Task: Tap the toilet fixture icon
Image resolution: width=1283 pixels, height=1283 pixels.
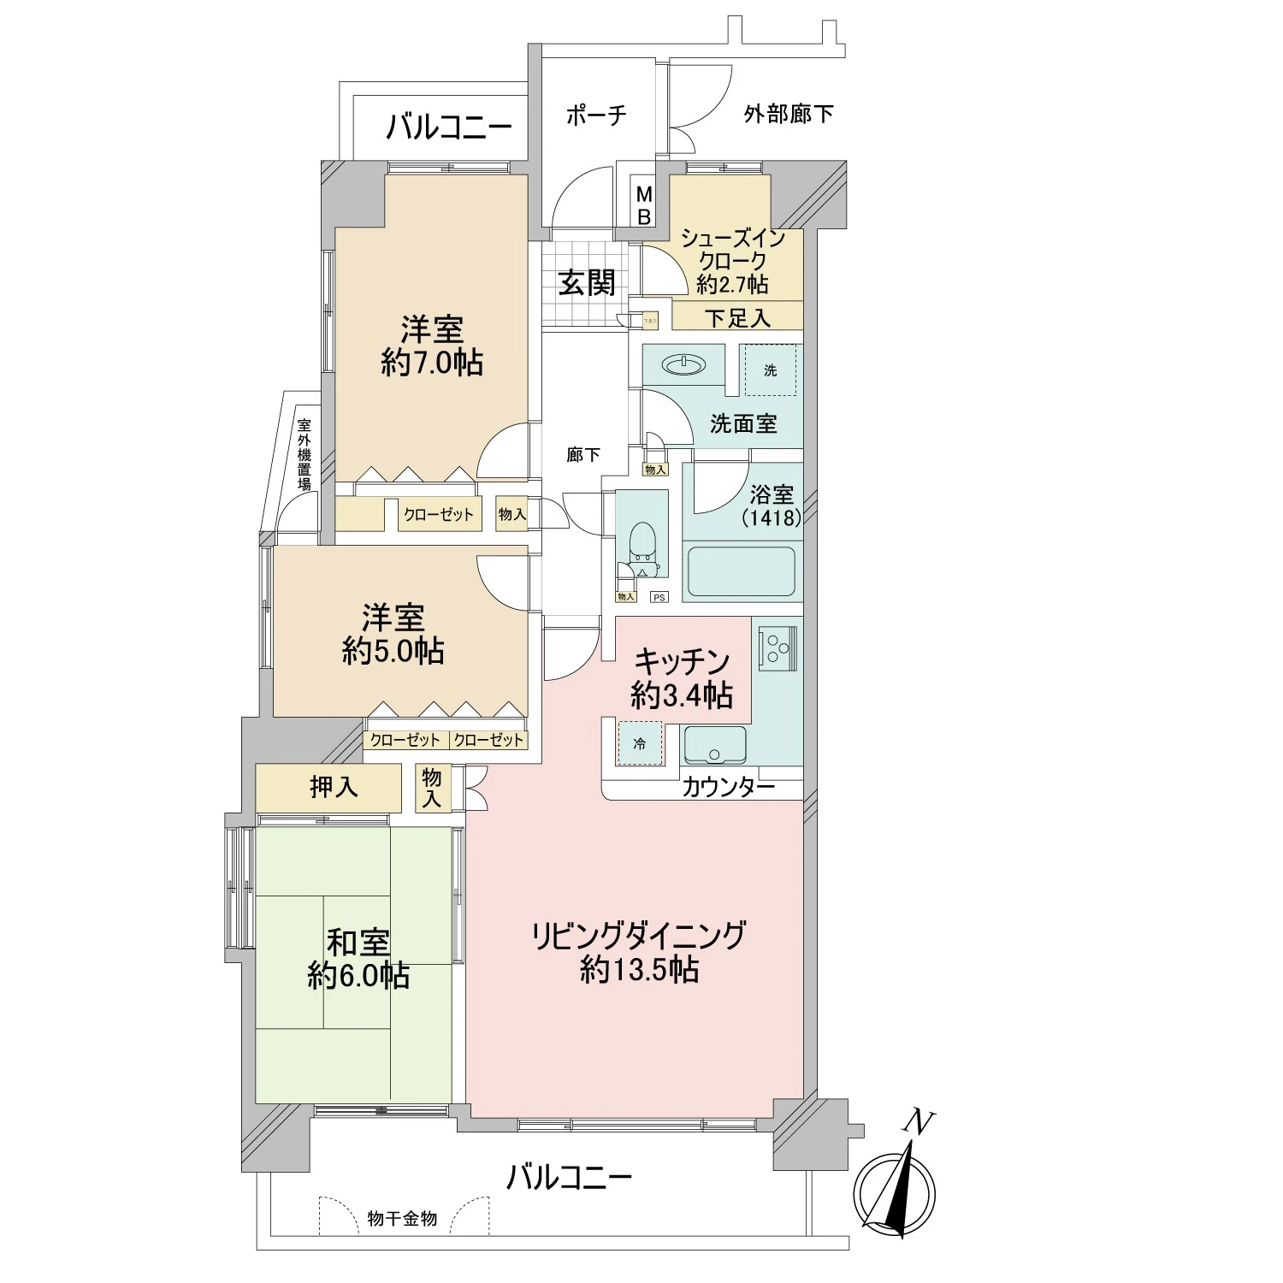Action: pos(641,547)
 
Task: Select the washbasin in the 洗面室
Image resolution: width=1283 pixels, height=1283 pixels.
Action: pos(684,366)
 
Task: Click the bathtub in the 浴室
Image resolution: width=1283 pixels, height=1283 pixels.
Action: pos(742,572)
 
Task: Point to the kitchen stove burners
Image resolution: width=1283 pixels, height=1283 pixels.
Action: pos(777,646)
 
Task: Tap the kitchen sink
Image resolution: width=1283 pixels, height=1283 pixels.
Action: pos(715,744)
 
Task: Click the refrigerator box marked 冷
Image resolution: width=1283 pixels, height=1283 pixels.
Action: pos(640,743)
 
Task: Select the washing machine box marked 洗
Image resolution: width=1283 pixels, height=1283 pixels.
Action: pos(771,370)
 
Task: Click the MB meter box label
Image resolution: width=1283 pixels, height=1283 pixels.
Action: pos(644,207)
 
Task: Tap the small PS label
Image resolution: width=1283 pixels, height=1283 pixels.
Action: pos(659,597)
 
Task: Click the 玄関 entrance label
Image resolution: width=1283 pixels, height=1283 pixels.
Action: pos(587,282)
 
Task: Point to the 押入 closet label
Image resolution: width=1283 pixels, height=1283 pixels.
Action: pos(334,787)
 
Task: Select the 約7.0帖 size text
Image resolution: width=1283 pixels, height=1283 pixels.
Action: pos(432,363)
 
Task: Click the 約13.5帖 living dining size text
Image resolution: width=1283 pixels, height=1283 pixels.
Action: pos(639,969)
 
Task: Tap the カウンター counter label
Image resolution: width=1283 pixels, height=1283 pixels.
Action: pos(728,787)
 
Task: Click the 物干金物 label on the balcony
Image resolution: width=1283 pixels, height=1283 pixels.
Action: pos(402,1218)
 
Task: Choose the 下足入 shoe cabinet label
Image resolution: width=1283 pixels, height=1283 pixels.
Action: pos(737,318)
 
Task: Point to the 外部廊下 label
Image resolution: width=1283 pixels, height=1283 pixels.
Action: pos(788,114)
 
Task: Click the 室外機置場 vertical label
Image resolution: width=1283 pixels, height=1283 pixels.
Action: pos(304,453)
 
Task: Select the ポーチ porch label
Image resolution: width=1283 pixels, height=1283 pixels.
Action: pos(596,115)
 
